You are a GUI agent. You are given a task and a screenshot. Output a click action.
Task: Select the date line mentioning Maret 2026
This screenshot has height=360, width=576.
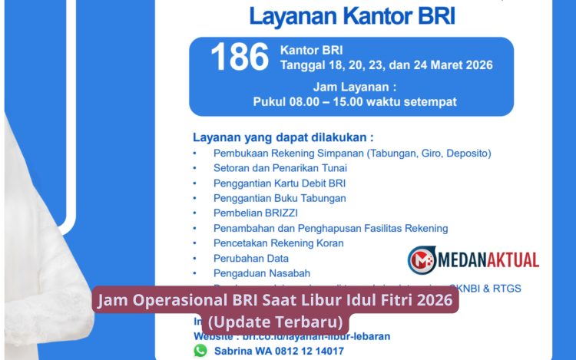click(x=387, y=64)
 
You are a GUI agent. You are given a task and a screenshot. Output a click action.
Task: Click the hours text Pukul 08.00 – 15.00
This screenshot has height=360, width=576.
click(x=355, y=101)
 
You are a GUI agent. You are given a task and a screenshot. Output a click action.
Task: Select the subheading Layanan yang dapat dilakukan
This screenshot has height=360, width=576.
click(x=283, y=137)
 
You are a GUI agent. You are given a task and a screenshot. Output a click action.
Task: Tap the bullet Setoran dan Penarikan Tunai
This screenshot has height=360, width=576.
click(x=280, y=168)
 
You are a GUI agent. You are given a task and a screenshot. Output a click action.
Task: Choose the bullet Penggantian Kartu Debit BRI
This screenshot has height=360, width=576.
click(x=280, y=183)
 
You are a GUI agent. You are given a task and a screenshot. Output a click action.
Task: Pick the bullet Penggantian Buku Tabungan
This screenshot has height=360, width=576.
click(x=280, y=198)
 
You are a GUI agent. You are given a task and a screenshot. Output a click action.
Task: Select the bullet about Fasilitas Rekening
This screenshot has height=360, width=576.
click(x=330, y=228)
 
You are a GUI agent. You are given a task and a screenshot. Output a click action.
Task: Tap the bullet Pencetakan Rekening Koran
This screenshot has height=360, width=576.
click(x=278, y=243)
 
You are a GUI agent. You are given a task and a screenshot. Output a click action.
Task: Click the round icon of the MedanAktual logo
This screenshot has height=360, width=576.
click(x=422, y=260)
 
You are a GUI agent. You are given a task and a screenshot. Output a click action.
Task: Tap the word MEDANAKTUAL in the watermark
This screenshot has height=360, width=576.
click(x=488, y=260)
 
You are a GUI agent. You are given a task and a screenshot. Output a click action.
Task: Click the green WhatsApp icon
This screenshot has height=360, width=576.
click(x=200, y=350)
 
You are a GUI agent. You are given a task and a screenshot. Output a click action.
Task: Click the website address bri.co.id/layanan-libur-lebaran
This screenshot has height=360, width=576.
click(x=314, y=336)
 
